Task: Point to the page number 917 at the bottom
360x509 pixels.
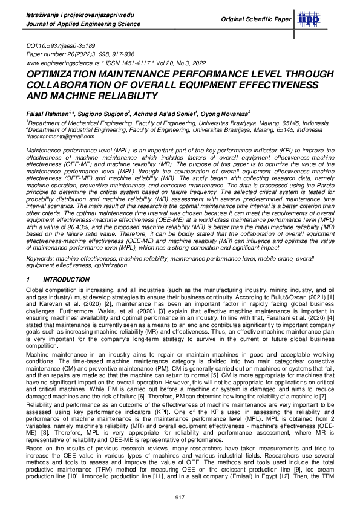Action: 179,498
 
